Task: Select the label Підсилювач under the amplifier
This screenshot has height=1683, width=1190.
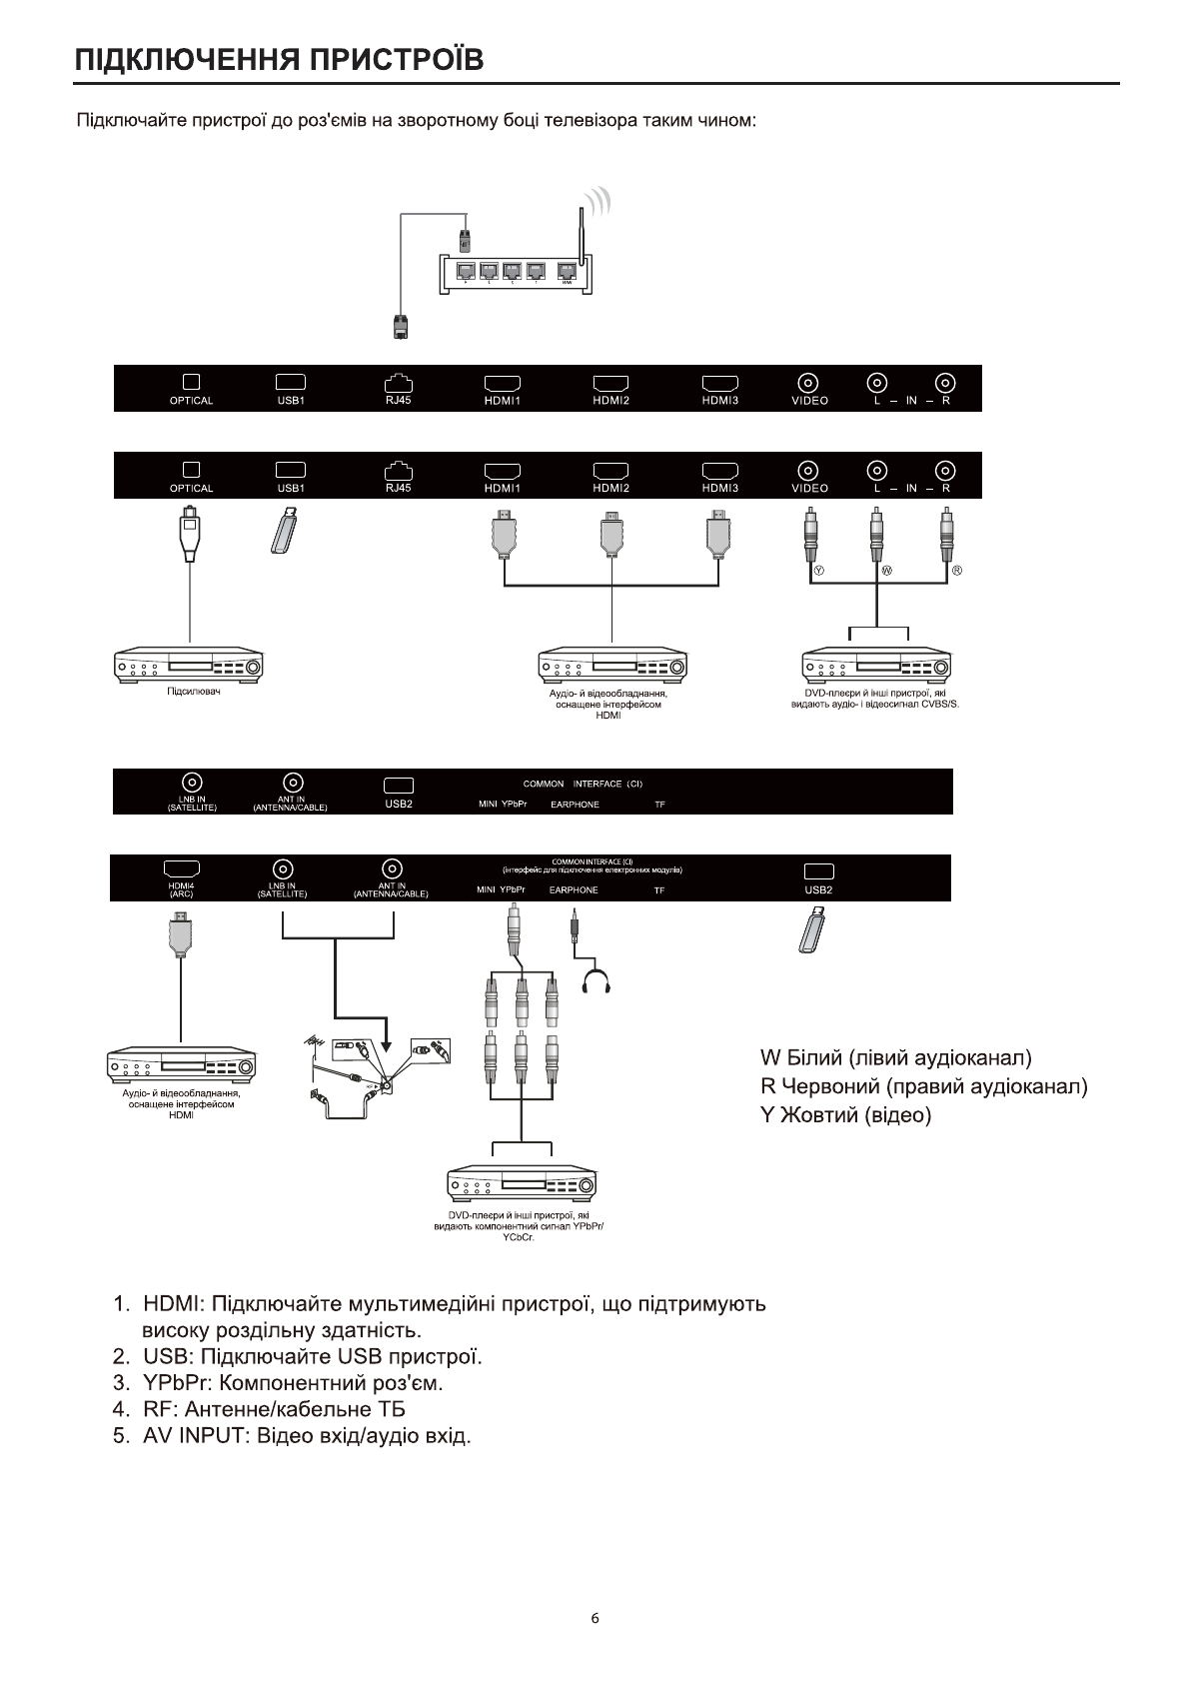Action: click(x=194, y=693)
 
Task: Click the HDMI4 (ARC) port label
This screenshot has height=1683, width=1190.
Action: click(x=181, y=889)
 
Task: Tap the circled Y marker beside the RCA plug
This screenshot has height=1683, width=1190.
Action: click(x=819, y=571)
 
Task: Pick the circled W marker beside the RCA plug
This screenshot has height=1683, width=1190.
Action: click(x=886, y=571)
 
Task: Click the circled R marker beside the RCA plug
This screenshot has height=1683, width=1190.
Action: click(x=956, y=571)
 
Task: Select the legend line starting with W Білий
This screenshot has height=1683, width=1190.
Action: click(x=895, y=1057)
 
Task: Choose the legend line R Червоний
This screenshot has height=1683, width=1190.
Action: click(x=923, y=1085)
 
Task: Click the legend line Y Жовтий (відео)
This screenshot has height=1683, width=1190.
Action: click(x=845, y=1114)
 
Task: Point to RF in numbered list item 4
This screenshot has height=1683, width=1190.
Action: click(x=160, y=1409)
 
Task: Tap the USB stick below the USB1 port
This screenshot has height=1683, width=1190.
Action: click(x=286, y=531)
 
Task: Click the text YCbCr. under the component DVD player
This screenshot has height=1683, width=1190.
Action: click(x=519, y=1237)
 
